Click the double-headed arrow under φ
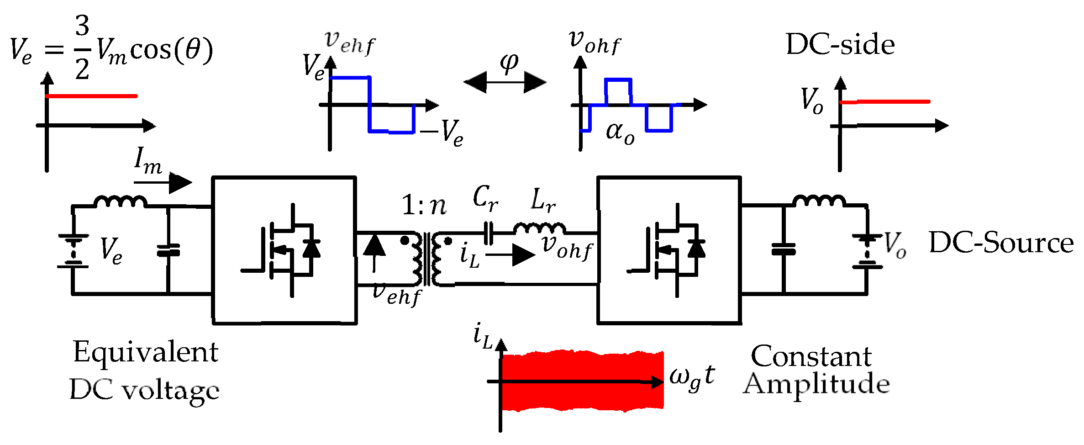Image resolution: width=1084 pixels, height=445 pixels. (x=505, y=82)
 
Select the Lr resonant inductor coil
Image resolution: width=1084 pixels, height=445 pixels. (x=539, y=228)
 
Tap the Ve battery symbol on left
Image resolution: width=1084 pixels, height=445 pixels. (x=73, y=251)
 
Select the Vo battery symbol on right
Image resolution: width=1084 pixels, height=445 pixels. (x=866, y=251)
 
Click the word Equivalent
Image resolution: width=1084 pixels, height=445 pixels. (x=146, y=352)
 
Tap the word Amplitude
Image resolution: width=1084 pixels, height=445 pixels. (x=816, y=384)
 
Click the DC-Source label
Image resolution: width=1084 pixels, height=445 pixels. (x=1001, y=243)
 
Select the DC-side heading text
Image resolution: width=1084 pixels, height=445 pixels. (x=840, y=45)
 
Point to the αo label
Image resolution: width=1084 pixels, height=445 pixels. (x=620, y=132)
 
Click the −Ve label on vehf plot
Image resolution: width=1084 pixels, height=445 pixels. (x=442, y=133)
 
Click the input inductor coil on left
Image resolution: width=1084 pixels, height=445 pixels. (x=120, y=201)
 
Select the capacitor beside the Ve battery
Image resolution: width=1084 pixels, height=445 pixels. (x=168, y=251)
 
